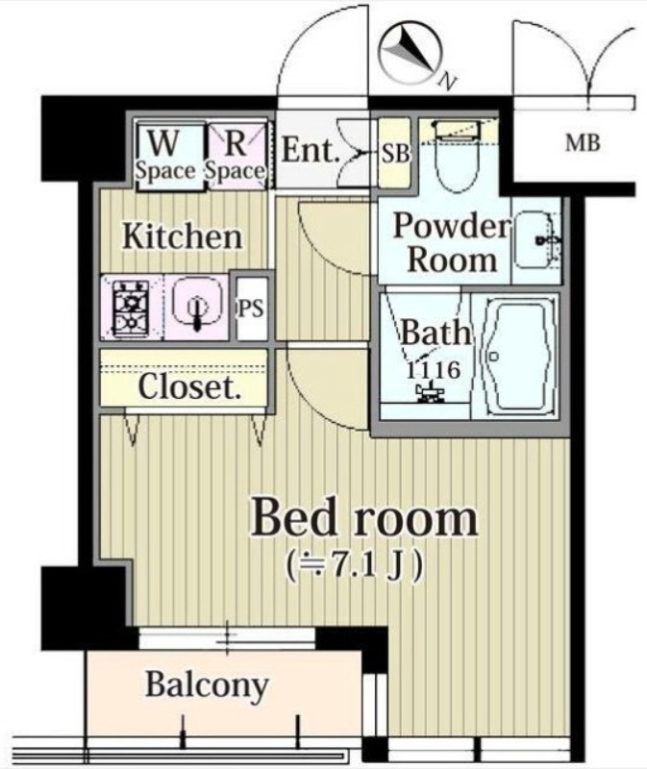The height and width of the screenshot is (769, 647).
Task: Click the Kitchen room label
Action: point(182,236)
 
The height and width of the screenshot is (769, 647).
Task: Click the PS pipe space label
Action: point(251,309)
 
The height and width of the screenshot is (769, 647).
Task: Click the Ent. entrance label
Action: point(310,151)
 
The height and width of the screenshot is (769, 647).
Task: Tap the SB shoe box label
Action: point(394,153)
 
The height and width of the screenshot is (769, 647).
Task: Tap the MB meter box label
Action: point(582,145)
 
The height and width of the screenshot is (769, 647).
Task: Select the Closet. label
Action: point(188,386)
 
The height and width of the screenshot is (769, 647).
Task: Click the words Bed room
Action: point(363,519)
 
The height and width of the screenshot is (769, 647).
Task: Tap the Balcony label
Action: point(206,686)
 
